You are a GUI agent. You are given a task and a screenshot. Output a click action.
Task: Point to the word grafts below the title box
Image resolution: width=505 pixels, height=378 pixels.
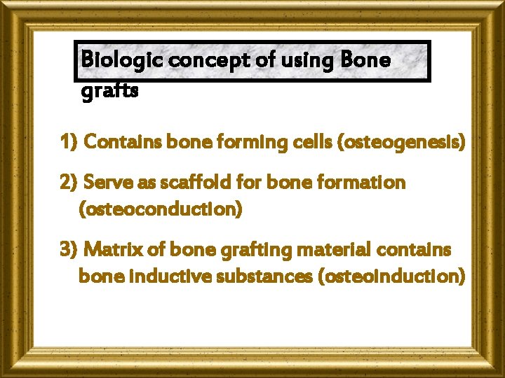coord(110,91)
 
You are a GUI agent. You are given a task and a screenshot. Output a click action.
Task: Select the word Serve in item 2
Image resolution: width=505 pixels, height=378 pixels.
coord(107,183)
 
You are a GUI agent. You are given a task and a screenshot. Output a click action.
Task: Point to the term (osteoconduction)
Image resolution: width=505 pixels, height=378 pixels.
coord(161,209)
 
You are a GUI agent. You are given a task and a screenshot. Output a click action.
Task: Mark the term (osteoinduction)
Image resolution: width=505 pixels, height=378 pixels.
coord(391,276)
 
